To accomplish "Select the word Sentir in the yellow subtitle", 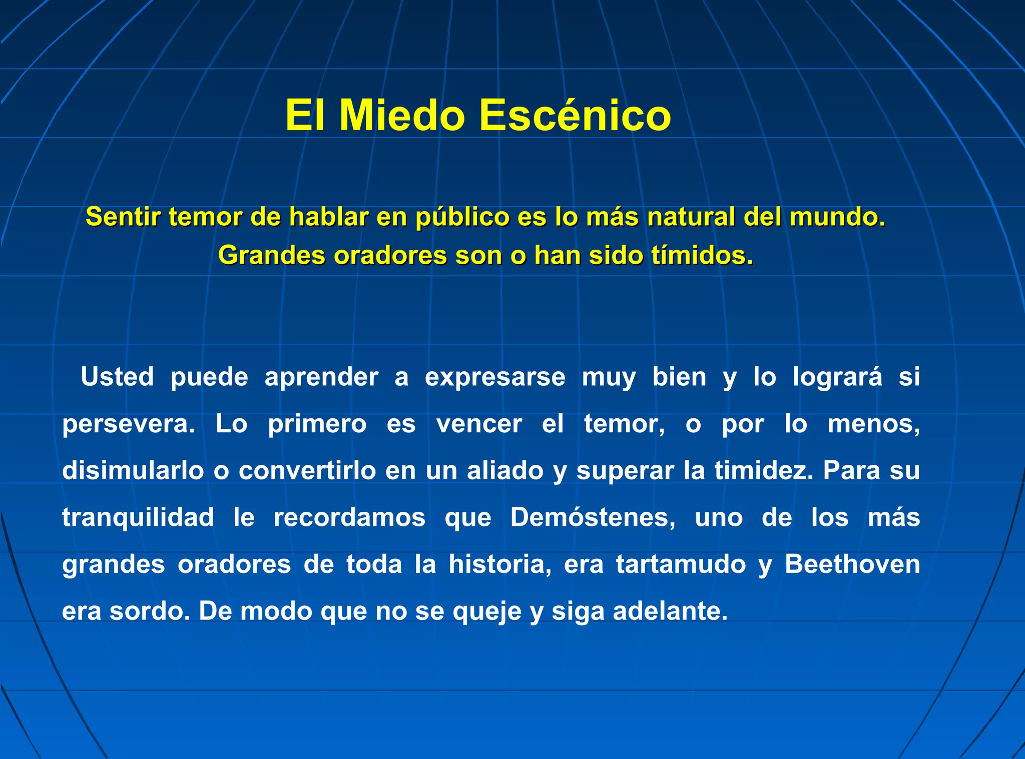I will [123, 217].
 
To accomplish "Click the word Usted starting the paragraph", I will [117, 377].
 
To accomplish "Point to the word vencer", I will [479, 424].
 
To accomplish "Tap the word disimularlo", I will [133, 471].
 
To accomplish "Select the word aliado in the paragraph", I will [505, 471].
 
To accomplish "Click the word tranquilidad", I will [138, 517].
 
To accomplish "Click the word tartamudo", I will [681, 564].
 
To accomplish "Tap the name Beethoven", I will [852, 564].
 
